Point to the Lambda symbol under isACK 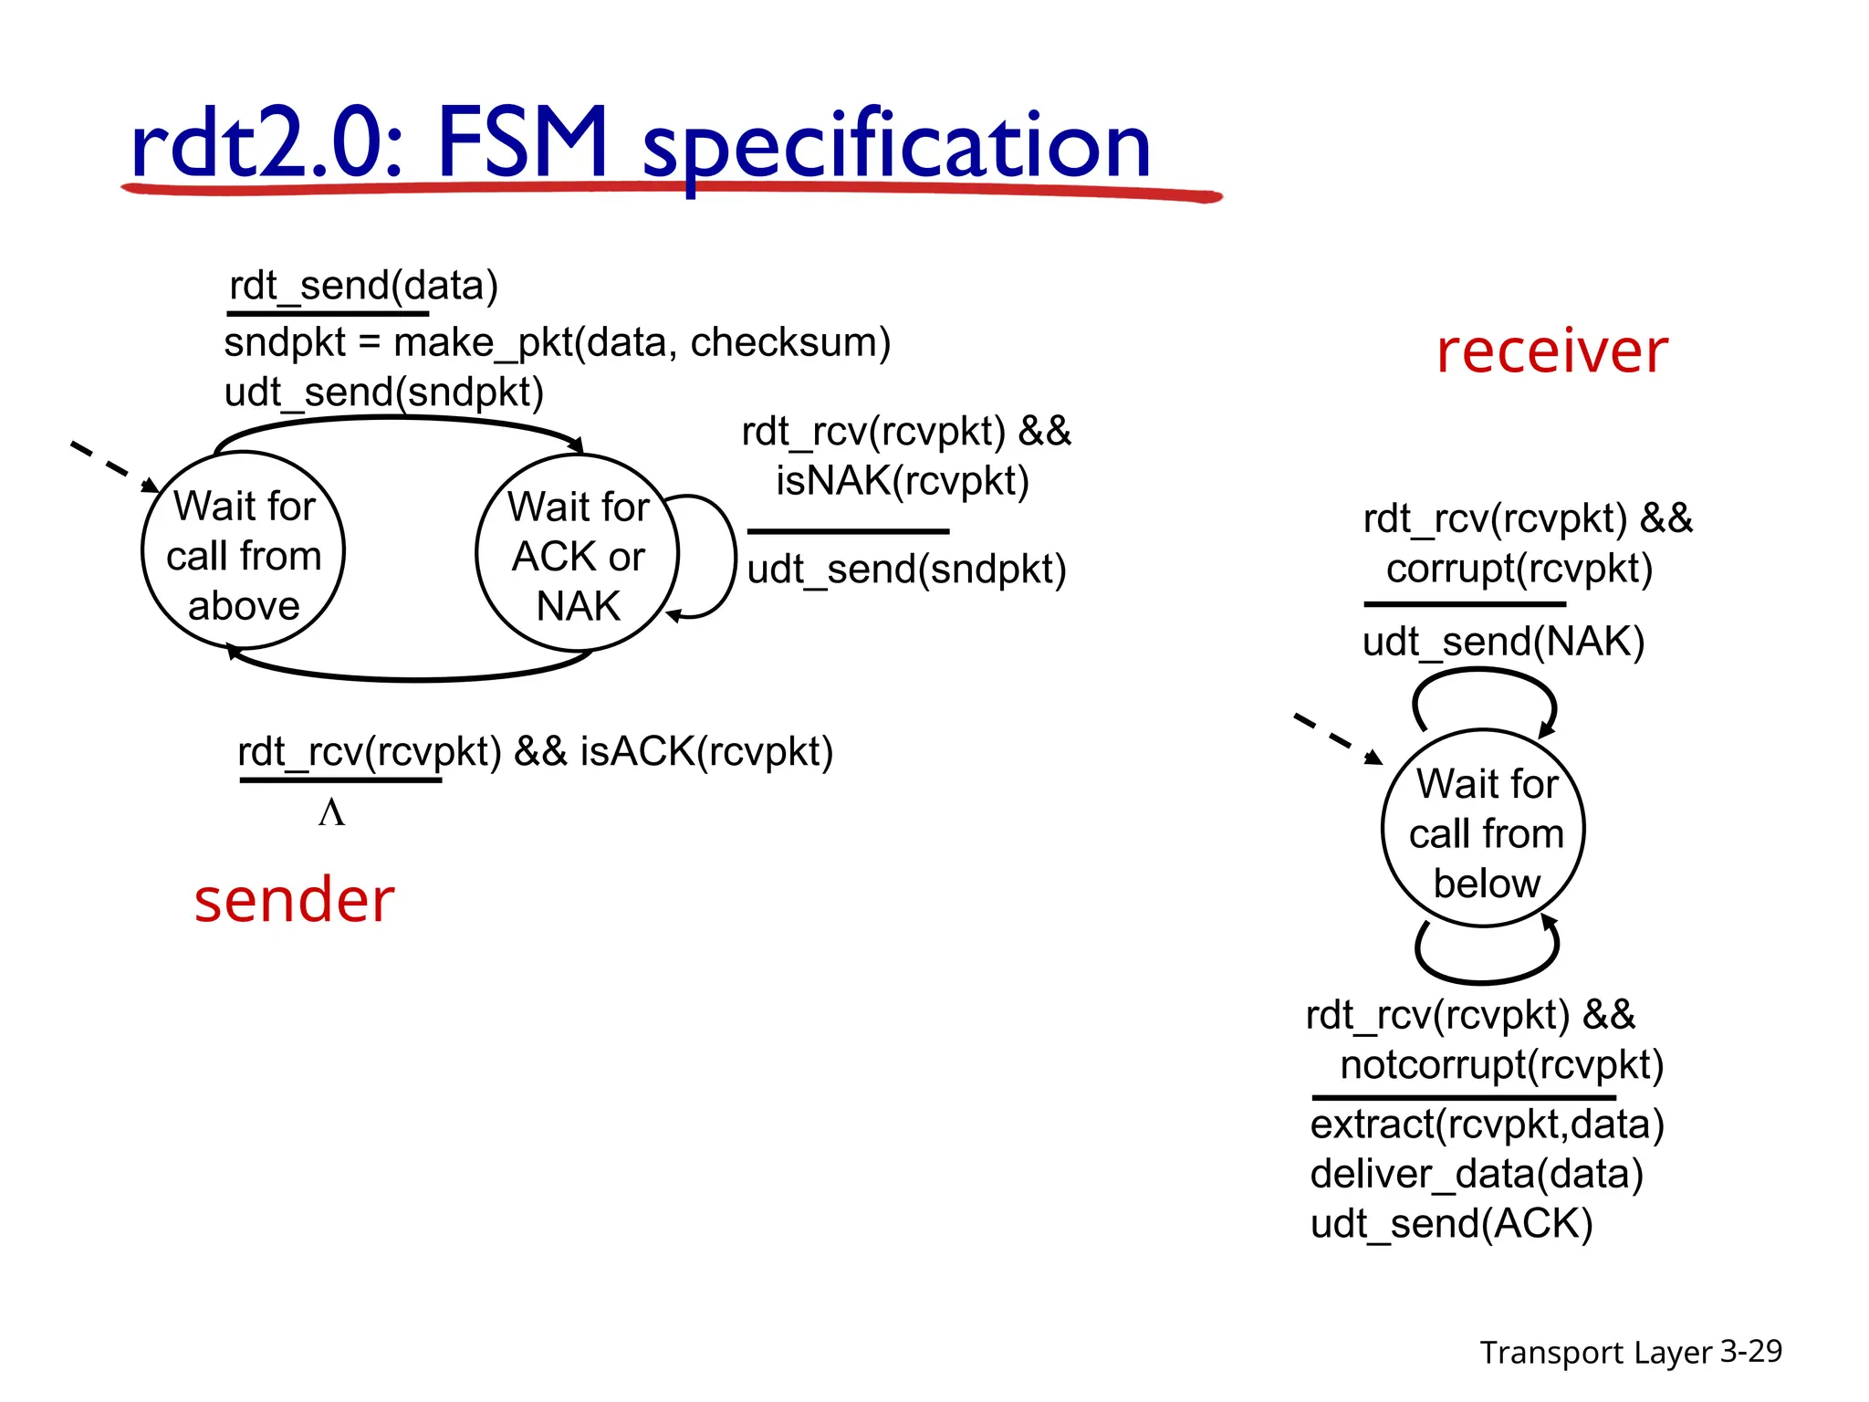pos(331,812)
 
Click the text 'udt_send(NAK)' pos(1503,642)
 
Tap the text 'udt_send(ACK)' pos(1451,1223)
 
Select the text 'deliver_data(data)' pos(1477,1174)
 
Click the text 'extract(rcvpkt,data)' pos(1487,1125)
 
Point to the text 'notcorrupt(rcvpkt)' pos(1501,1065)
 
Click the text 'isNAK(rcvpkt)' pos(903,481)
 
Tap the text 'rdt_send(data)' pos(363,286)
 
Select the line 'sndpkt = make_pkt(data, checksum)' pos(557,343)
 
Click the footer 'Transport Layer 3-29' pos(1630,1352)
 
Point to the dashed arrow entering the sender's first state pos(112,466)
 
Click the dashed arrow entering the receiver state pos(1337,738)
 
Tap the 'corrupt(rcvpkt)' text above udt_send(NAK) pos(1519,569)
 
